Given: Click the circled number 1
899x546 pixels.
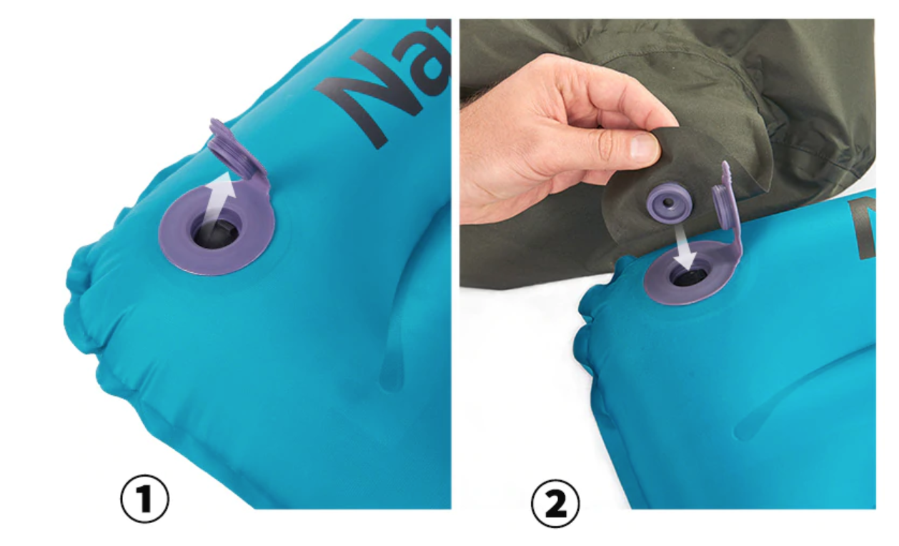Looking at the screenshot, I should tap(144, 500).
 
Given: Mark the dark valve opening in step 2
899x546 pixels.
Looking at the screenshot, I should tap(687, 275).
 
